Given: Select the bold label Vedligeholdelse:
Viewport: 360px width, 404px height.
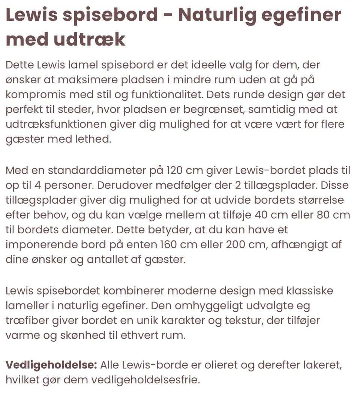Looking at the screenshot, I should pos(51,365).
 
